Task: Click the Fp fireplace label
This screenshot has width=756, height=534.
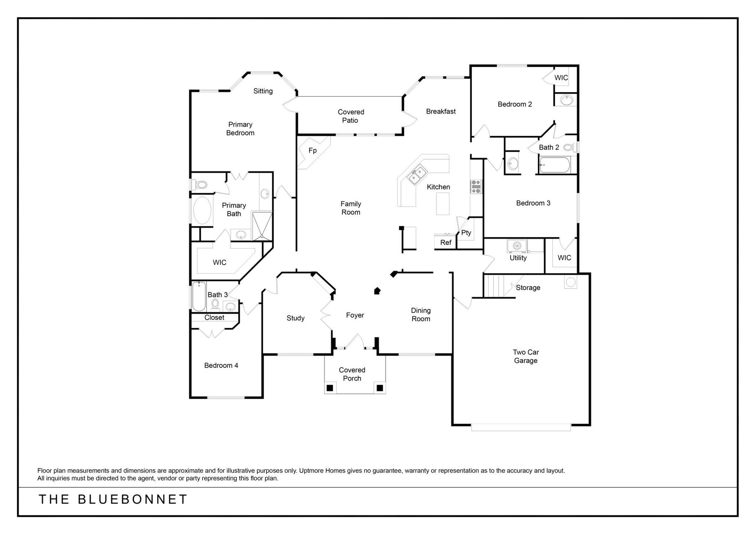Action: click(x=312, y=151)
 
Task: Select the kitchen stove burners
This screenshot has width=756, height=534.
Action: click(x=476, y=187)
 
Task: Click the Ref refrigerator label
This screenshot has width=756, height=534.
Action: click(x=446, y=243)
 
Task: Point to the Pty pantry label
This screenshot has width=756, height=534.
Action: click(x=466, y=233)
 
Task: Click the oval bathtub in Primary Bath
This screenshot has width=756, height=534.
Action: click(x=202, y=211)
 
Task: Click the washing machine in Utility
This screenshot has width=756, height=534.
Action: click(x=517, y=245)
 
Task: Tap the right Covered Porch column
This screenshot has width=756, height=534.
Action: click(x=380, y=388)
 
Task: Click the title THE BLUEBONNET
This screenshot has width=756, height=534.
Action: click(x=113, y=500)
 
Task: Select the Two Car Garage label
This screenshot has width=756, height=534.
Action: click(x=526, y=356)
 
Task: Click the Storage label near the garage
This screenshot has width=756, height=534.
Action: click(x=528, y=288)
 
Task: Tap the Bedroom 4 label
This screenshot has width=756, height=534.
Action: click(x=221, y=366)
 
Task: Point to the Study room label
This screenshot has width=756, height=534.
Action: click(x=295, y=318)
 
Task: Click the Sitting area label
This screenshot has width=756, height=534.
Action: click(x=263, y=91)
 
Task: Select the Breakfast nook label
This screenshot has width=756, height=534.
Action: click(x=441, y=111)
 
